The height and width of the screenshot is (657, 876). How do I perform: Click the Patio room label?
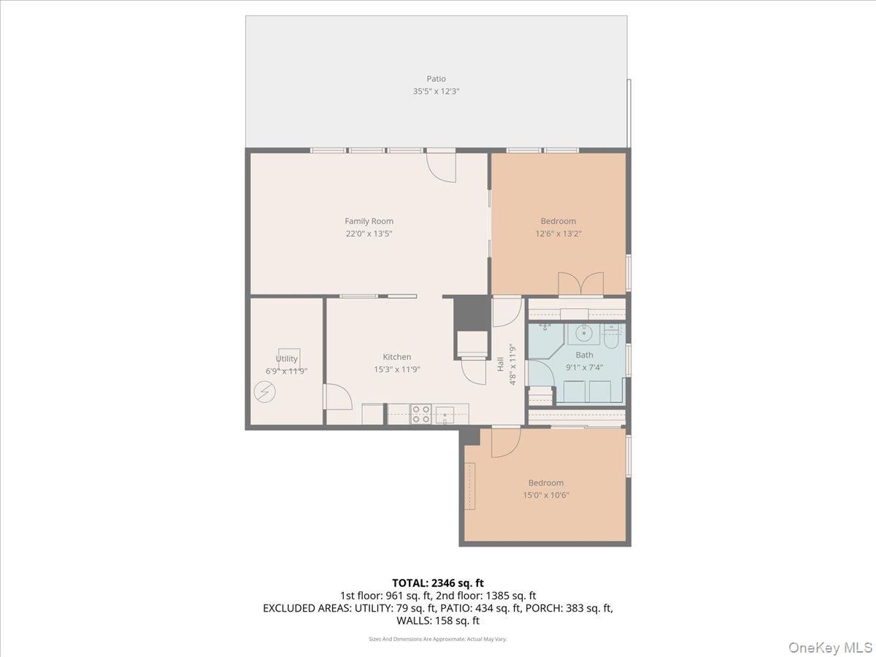coord(436,79)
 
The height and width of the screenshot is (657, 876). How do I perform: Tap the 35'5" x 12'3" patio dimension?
coord(436,91)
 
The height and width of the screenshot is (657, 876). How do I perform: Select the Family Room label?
coord(369,221)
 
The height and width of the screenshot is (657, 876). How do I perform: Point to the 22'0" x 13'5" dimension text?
coord(369,234)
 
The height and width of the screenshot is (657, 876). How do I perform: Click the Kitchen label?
coord(396,357)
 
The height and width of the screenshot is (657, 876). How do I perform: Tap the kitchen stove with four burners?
coord(421,414)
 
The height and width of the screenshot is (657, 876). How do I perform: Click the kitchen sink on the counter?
coord(445,415)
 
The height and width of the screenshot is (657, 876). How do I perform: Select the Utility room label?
coord(287,358)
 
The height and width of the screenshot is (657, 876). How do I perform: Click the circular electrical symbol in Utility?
coord(264,392)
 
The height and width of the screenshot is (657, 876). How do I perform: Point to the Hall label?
coord(501,364)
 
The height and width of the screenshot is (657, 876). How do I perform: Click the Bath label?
coord(584,355)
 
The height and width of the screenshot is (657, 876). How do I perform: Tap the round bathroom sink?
coord(583,333)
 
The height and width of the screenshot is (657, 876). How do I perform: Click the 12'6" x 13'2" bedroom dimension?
coord(558,234)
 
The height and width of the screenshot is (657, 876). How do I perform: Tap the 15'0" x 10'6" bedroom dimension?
coord(545,496)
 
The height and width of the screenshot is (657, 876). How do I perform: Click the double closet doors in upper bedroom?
coord(580,284)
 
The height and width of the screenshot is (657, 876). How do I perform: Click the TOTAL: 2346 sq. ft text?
coord(438,583)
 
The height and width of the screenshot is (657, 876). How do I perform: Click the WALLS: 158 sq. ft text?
coord(438,620)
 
